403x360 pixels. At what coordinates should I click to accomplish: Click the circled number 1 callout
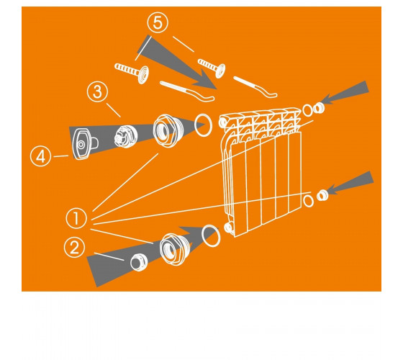click(76, 218)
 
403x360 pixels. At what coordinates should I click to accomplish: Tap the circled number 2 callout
click(74, 248)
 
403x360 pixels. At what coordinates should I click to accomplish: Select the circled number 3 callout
click(97, 91)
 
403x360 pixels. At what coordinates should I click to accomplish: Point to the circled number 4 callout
click(40, 156)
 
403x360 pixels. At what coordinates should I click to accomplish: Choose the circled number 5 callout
click(158, 22)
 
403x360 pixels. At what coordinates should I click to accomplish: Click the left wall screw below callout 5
click(132, 73)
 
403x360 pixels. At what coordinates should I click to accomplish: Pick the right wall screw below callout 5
click(212, 68)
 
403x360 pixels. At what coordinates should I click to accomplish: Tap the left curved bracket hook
click(187, 91)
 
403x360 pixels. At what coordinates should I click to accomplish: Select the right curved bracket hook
click(255, 86)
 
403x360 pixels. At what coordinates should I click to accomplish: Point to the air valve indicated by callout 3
click(126, 137)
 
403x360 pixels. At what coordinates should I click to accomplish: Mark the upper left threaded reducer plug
click(168, 131)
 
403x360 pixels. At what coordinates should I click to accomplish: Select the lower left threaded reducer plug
click(176, 249)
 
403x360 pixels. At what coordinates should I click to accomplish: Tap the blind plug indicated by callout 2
click(139, 262)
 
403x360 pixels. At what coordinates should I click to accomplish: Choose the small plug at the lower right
click(322, 196)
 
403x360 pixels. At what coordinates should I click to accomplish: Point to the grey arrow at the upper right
click(345, 92)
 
